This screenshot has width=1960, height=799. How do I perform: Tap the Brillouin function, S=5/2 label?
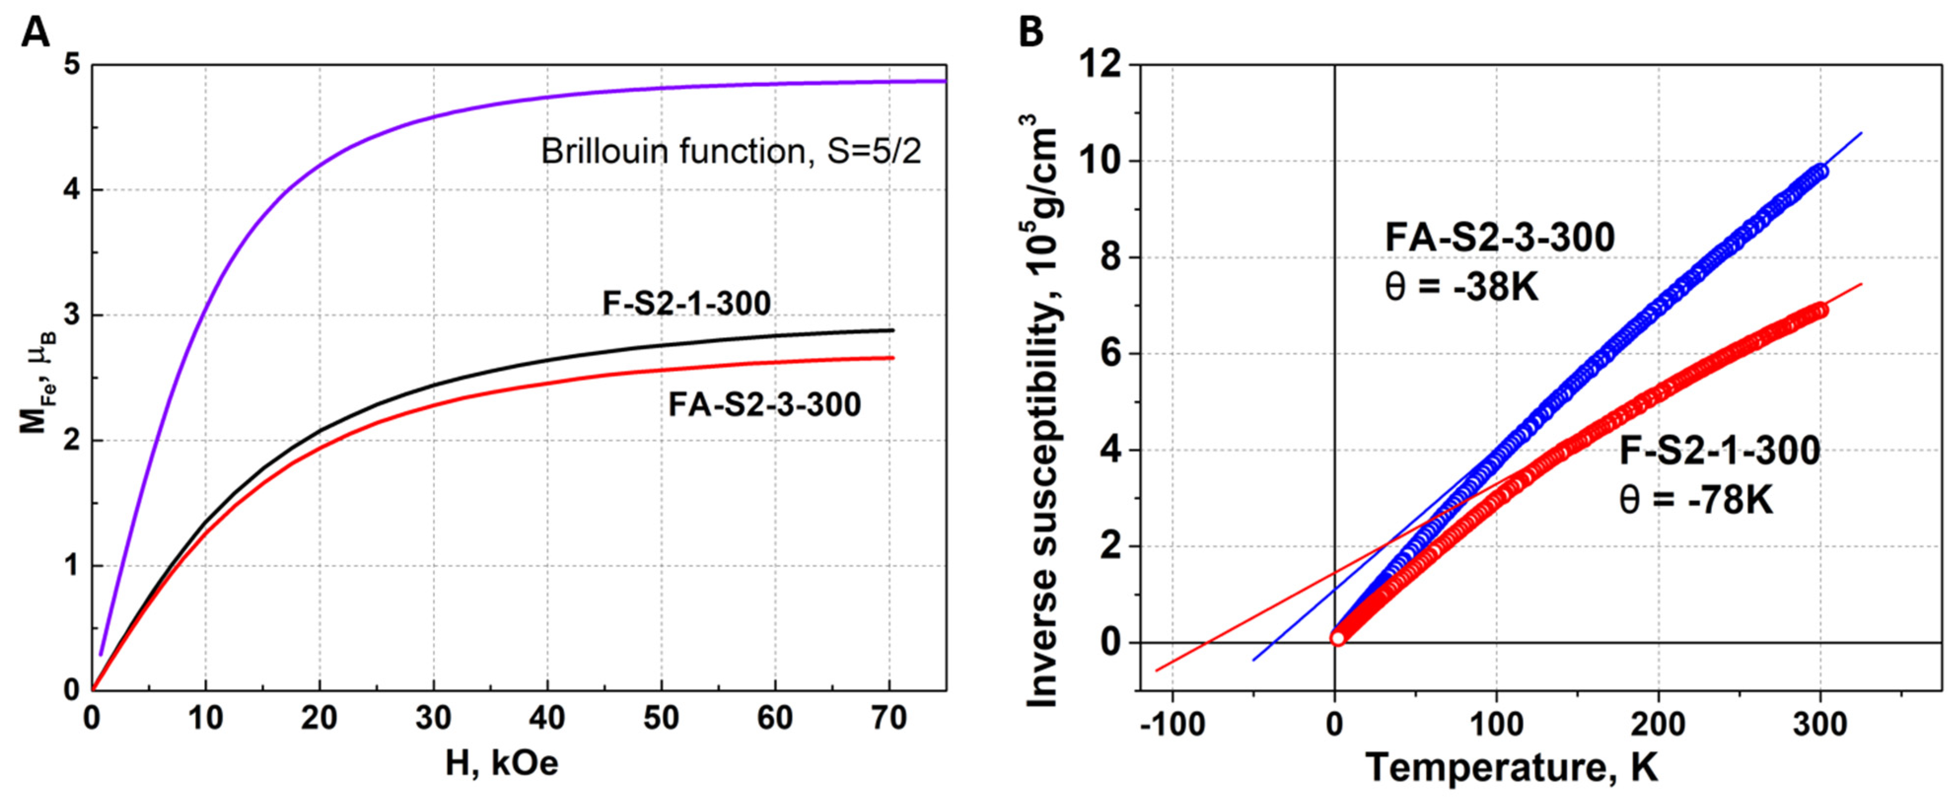pyautogui.click(x=731, y=151)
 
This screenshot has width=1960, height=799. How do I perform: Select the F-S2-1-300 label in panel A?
pyautogui.click(x=686, y=304)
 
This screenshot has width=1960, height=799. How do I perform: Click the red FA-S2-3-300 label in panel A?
pyautogui.click(x=764, y=404)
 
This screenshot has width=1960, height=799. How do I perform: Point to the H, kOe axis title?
pyautogui.click(x=502, y=763)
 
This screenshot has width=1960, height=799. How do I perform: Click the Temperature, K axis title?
pyautogui.click(x=1511, y=767)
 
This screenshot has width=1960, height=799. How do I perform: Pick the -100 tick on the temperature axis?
pyautogui.click(x=1172, y=725)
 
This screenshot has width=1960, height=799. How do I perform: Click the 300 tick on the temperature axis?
pyautogui.click(x=1819, y=725)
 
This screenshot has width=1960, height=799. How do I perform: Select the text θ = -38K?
pyautogui.click(x=1461, y=288)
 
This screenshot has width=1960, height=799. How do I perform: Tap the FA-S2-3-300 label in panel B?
pyautogui.click(x=1499, y=238)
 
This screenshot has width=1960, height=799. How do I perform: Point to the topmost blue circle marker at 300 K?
pyautogui.click(x=1819, y=171)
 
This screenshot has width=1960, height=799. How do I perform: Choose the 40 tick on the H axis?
pyautogui.click(x=547, y=718)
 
